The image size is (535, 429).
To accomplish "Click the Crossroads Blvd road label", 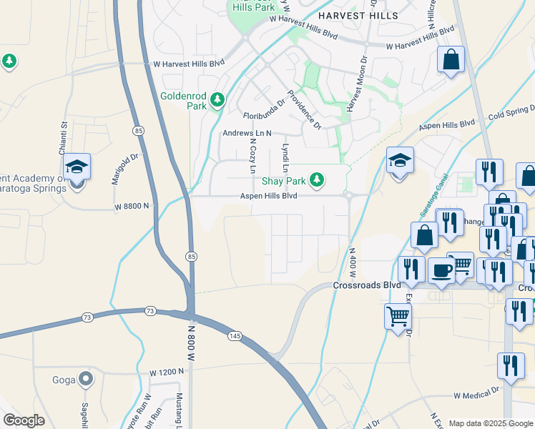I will (367, 285).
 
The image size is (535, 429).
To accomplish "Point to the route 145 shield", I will (234, 335).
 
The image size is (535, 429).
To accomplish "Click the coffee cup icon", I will (441, 272).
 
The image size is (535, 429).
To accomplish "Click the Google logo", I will (24, 420).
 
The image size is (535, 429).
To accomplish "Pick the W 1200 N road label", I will (167, 373).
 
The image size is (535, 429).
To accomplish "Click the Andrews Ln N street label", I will (247, 133).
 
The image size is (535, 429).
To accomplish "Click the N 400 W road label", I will (352, 262).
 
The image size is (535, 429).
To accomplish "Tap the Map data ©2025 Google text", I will (490, 423).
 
